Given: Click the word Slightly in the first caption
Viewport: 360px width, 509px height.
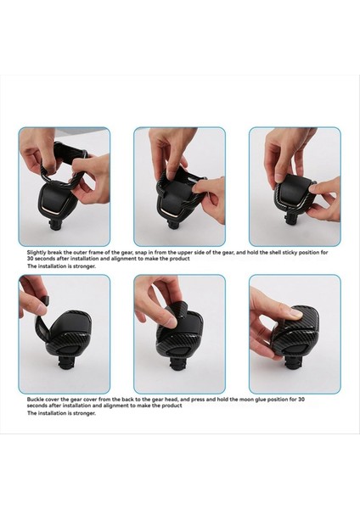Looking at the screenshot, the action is pyautogui.click(x=37, y=253).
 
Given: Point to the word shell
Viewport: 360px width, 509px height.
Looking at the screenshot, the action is pyautogui.click(x=273, y=252).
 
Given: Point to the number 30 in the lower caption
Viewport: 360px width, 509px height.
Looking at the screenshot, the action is pyautogui.click(x=301, y=400).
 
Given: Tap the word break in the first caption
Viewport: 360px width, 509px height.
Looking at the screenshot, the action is pyautogui.click(x=54, y=252).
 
